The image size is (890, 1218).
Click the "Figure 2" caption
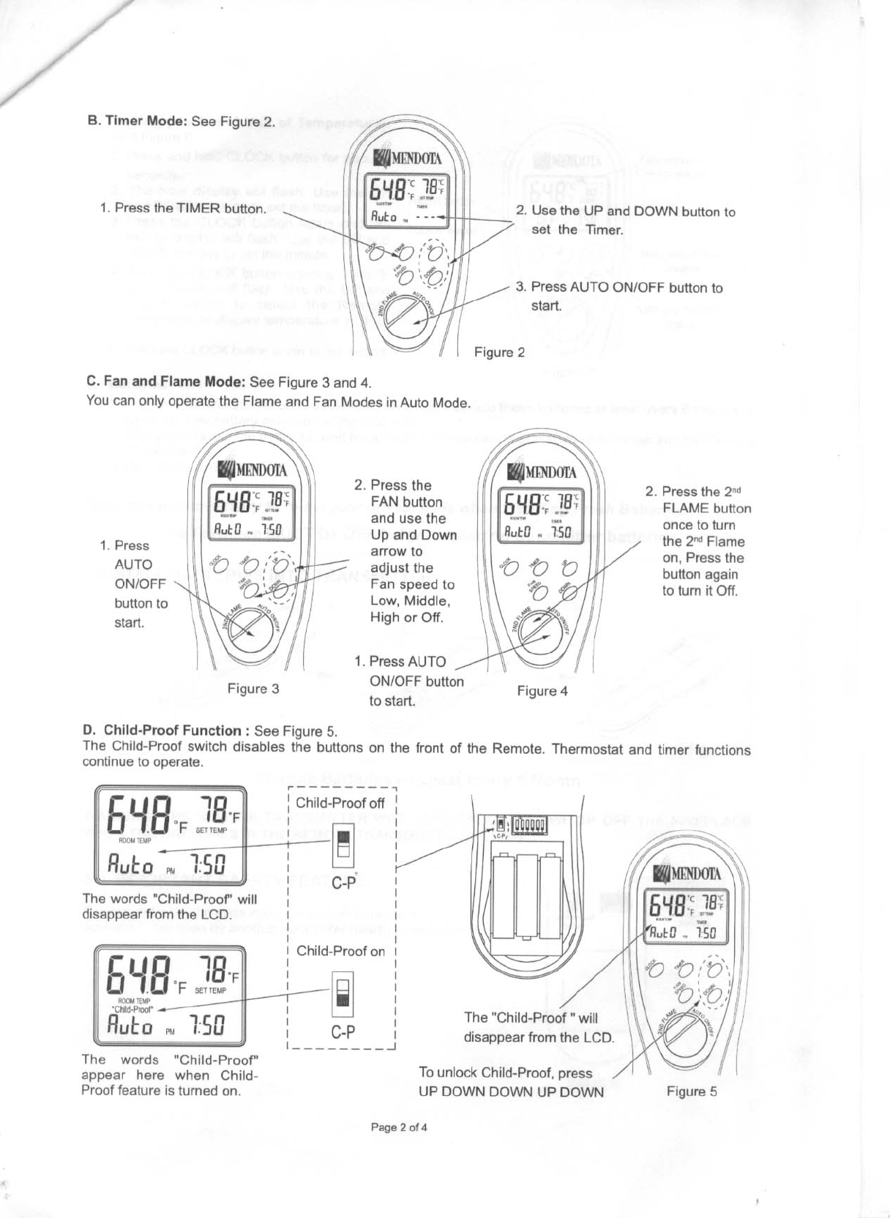pyautogui.click(x=499, y=353)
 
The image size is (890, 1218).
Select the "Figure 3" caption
pyautogui.click(x=253, y=689)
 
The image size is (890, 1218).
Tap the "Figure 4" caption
pyautogui.click(x=542, y=691)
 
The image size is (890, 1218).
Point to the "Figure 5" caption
pyautogui.click(x=692, y=1092)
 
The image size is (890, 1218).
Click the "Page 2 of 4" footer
pyautogui.click(x=399, y=1127)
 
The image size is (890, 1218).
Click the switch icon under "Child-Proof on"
pyautogui.click(x=343, y=993)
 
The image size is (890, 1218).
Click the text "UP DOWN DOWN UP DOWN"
pyautogui.click(x=511, y=1092)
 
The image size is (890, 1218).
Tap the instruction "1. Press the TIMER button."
pyautogui.click(x=182, y=208)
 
